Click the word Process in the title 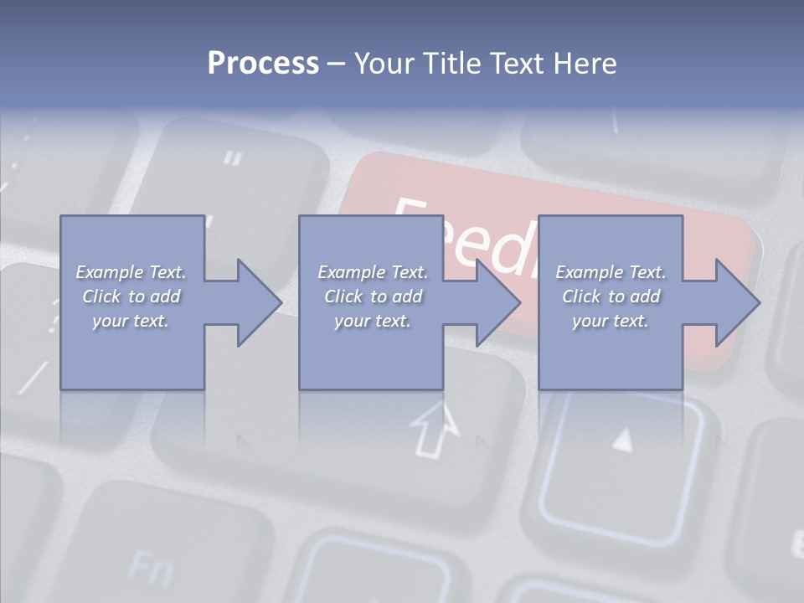[263, 64]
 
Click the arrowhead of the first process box [260, 302]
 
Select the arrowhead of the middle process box [498, 302]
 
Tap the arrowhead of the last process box [738, 302]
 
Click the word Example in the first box [110, 272]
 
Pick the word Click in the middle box [343, 296]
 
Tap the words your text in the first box [131, 321]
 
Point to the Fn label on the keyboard [151, 569]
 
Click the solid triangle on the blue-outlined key [621, 440]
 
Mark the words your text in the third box [611, 321]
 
